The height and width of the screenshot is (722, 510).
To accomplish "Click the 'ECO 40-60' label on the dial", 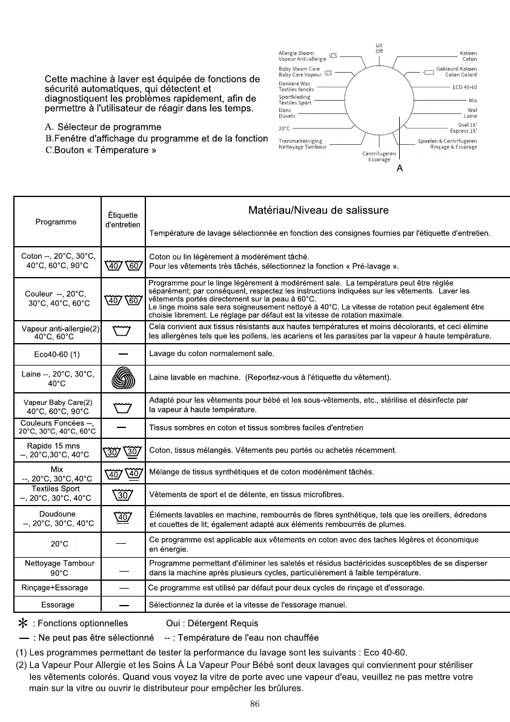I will pyautogui.click(x=465, y=87).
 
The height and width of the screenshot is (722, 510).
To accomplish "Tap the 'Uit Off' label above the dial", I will pyautogui.click(x=379, y=48).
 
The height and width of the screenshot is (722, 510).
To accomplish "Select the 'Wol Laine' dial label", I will pyautogui.click(x=470, y=113).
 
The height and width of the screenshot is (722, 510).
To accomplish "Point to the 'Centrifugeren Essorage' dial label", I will pyautogui.click(x=379, y=157).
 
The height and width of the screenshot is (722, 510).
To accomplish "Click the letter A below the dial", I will pyautogui.click(x=400, y=169).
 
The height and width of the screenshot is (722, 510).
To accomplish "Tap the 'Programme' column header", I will pyautogui.click(x=56, y=222).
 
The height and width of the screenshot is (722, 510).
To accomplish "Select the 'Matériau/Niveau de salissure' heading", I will pyautogui.click(x=319, y=211).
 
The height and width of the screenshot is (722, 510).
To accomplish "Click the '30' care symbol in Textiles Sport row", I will pyautogui.click(x=123, y=495).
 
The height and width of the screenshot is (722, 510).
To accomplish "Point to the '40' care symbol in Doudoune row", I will pyautogui.click(x=123, y=518).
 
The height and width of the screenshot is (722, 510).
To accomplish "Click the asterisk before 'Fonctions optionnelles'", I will pyautogui.click(x=23, y=623).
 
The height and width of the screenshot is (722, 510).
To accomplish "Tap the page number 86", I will pyautogui.click(x=254, y=704).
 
